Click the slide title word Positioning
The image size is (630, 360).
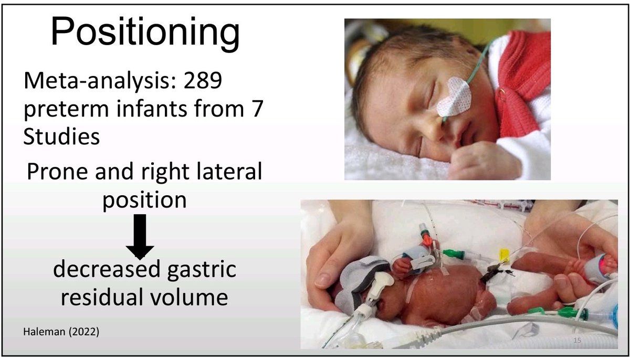click(x=145, y=33)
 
